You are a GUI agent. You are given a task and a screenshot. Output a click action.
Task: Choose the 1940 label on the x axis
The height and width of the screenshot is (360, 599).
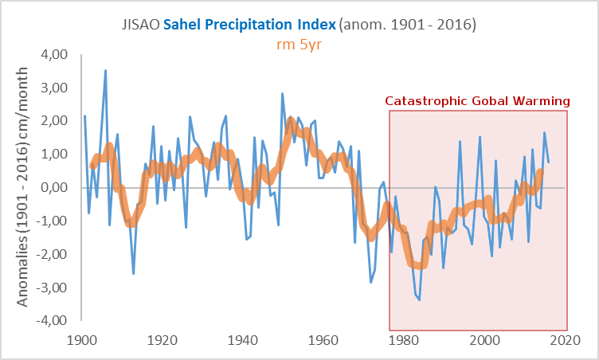(242, 340)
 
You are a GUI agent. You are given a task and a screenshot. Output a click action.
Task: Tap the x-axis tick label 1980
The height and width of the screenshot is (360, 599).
(404, 340)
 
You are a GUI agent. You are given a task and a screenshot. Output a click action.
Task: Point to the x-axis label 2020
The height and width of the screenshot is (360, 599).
(566, 340)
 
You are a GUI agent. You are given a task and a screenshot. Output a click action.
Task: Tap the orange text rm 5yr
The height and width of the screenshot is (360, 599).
(299, 44)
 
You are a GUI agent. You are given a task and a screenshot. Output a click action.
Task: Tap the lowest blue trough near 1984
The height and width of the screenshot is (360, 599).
(420, 299)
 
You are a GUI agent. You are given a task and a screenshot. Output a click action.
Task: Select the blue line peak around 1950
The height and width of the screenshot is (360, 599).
(282, 93)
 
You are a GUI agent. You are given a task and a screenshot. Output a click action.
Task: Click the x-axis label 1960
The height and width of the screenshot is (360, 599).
(323, 340)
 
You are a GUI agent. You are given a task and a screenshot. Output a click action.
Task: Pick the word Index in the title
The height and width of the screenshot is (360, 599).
(315, 25)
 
